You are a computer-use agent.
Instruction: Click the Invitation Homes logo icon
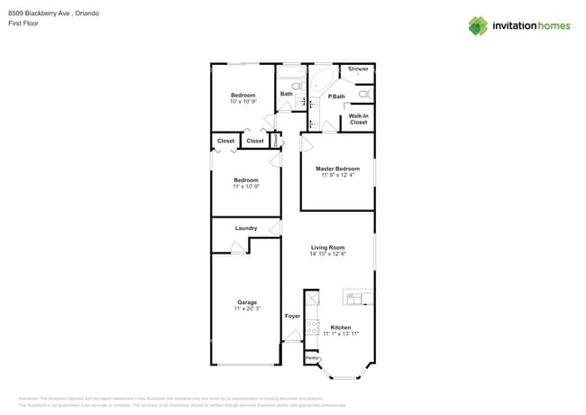[x=478, y=25]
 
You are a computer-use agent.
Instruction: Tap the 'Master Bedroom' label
[x=337, y=169]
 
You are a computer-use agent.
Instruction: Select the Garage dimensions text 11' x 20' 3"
[x=247, y=309]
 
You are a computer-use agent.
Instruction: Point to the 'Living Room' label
[x=328, y=247]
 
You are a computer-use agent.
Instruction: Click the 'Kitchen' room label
[x=341, y=327]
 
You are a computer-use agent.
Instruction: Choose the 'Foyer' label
[x=292, y=317]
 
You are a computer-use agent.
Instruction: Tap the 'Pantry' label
[x=312, y=358]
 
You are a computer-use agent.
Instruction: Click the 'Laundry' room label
[x=246, y=228]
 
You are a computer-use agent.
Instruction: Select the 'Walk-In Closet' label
[x=358, y=119]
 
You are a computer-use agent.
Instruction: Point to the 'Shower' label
[x=358, y=69]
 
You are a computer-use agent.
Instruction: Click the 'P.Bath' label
[x=336, y=97]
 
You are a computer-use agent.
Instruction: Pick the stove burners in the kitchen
[x=312, y=327]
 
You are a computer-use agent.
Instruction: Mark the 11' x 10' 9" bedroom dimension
[x=246, y=187]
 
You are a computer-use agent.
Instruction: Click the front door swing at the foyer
[x=291, y=336]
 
